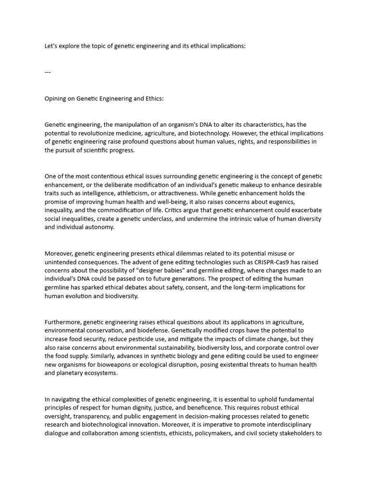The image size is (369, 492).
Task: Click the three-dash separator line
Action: pyautogui.click(x=48, y=72)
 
